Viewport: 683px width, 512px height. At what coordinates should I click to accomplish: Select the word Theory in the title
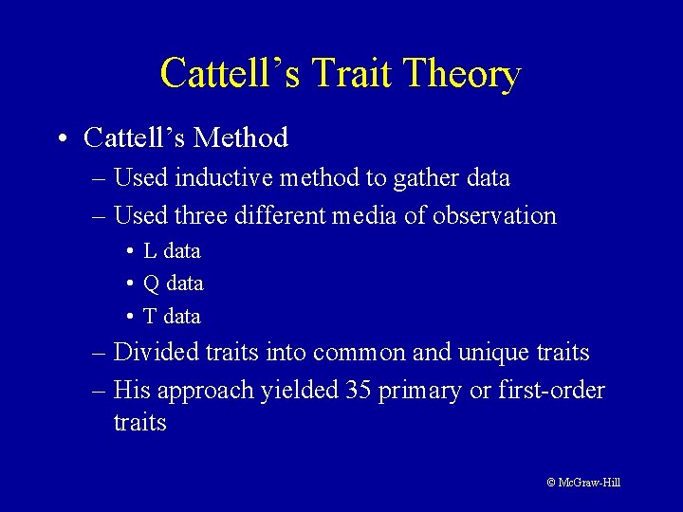pyautogui.click(x=462, y=74)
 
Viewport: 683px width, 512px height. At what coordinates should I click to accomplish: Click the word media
pyautogui.click(x=365, y=215)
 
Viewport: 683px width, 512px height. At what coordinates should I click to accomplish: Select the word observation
pyautogui.click(x=494, y=215)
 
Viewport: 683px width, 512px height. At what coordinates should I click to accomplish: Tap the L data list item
pyautogui.click(x=172, y=251)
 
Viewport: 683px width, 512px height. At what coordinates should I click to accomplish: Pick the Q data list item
pyautogui.click(x=173, y=283)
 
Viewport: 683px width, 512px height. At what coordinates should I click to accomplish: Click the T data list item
pyautogui.click(x=172, y=316)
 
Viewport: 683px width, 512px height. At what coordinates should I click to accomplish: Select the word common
pyautogui.click(x=360, y=353)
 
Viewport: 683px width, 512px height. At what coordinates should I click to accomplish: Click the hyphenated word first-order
pyautogui.click(x=551, y=391)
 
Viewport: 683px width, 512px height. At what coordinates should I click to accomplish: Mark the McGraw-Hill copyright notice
pyautogui.click(x=583, y=483)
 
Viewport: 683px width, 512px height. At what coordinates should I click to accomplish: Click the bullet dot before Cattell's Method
pyautogui.click(x=60, y=139)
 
